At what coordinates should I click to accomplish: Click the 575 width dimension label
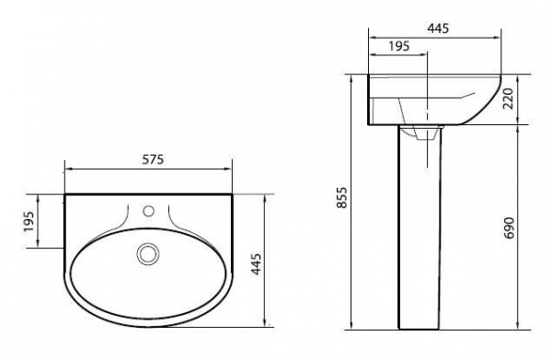pos(153,159)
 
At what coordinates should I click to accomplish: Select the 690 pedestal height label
pos(509,228)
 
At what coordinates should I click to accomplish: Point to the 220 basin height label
pos(509,99)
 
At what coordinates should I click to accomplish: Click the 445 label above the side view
pos(438,29)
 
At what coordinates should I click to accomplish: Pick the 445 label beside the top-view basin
pos(256,264)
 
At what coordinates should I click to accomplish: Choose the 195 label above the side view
pos(399,46)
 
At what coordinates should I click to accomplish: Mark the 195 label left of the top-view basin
pos(29,221)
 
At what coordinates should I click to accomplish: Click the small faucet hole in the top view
pos(149,211)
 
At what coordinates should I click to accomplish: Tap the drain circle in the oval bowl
pos(148,253)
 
